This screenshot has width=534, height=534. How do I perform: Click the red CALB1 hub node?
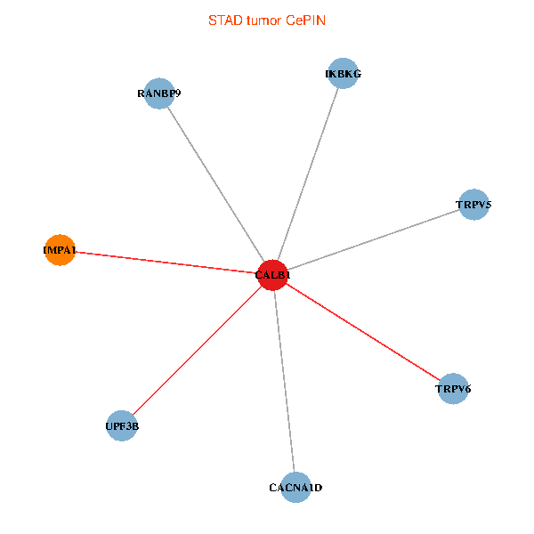(271, 275)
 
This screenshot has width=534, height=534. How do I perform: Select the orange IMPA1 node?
(59, 251)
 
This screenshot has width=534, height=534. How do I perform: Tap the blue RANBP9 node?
(158, 93)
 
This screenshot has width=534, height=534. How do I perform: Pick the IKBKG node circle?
(343, 74)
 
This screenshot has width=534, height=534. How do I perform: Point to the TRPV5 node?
(473, 205)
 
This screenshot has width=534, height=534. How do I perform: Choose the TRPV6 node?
(453, 389)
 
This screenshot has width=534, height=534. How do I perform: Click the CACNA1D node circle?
(295, 488)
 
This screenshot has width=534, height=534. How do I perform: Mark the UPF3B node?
(121, 426)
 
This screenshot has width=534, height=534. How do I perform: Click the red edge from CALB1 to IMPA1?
(165, 263)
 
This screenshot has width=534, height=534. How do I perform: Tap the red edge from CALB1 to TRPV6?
(362, 332)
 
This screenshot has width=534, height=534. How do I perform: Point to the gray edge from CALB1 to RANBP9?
(214, 183)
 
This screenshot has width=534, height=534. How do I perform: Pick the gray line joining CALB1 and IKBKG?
(307, 174)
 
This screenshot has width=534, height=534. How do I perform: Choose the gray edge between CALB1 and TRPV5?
(372, 240)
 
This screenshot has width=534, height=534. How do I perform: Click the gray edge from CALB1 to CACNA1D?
(283, 381)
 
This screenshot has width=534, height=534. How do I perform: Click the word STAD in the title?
(223, 20)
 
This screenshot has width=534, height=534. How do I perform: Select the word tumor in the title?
(264, 20)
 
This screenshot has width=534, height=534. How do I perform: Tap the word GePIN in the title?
(305, 20)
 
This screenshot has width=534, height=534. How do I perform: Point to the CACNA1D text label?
(295, 488)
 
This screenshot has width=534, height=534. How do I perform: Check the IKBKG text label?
(343, 74)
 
